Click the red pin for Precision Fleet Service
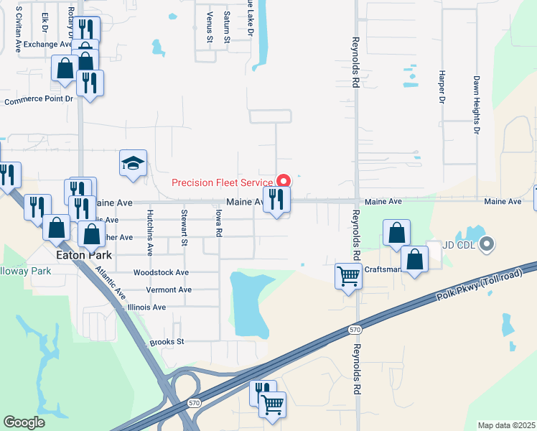283,180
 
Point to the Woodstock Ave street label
161,273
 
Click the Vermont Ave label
169,289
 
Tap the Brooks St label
167,342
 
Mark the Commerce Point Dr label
39,101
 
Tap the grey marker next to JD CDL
487,245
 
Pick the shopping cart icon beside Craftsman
348,274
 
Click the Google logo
24,422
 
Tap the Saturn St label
226,26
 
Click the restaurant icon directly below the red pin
277,199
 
